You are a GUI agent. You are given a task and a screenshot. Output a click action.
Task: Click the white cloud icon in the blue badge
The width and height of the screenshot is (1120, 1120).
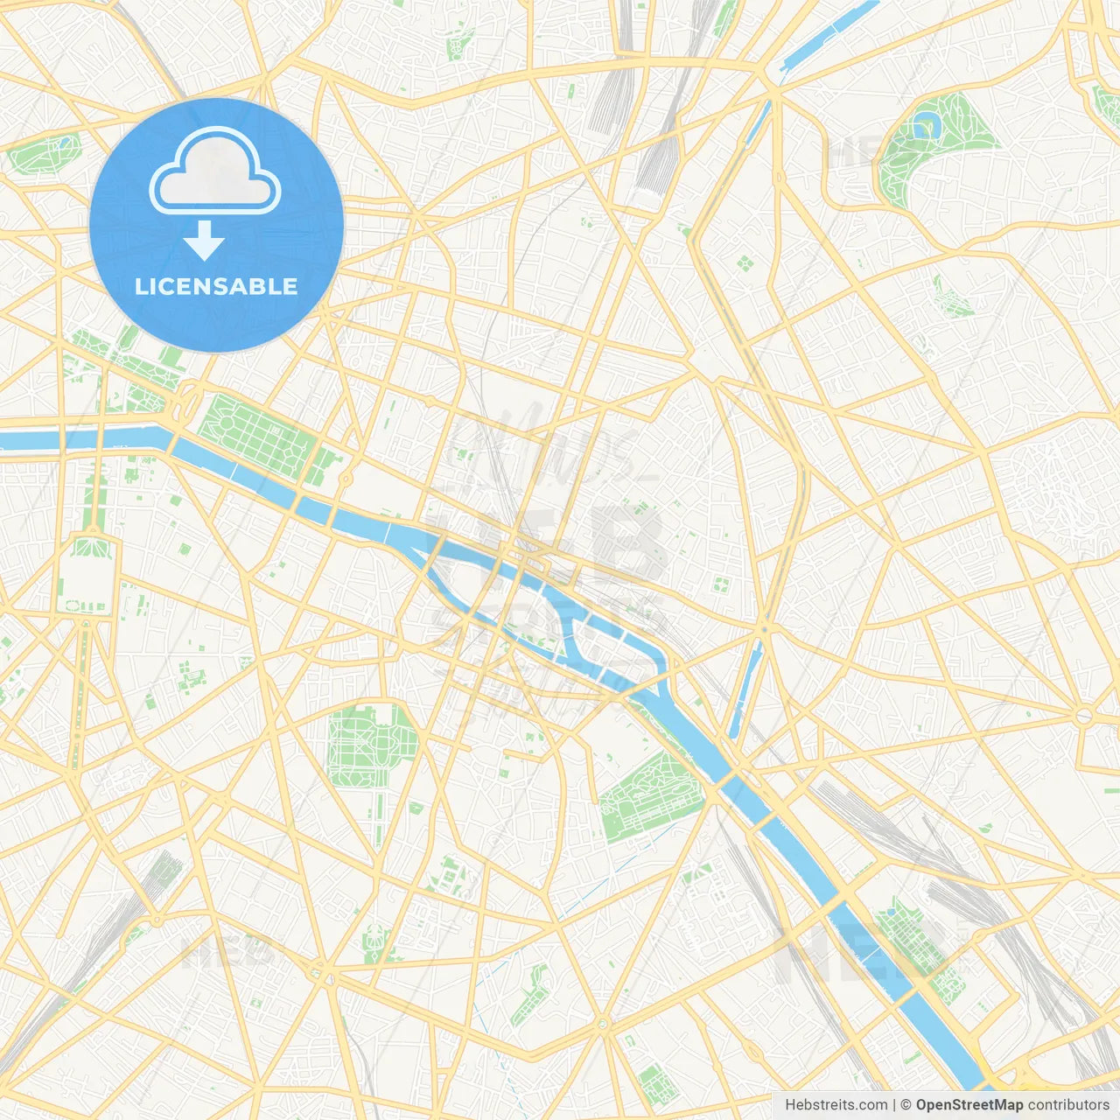[215, 173]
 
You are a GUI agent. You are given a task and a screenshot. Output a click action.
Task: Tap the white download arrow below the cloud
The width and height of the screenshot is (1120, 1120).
[204, 241]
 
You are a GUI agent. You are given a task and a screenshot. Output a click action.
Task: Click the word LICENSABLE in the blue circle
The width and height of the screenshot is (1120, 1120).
[216, 286]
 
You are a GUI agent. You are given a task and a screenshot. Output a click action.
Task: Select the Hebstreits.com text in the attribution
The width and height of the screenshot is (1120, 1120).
[836, 1105]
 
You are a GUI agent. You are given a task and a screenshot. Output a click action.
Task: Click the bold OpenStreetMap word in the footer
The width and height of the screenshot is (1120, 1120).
[969, 1105]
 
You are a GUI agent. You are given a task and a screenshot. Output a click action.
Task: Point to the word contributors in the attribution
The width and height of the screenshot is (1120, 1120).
[1068, 1105]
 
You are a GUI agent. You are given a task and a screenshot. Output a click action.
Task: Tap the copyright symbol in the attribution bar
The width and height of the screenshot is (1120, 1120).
[906, 1105]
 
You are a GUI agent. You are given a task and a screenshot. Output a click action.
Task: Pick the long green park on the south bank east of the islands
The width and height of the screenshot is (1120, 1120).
[647, 796]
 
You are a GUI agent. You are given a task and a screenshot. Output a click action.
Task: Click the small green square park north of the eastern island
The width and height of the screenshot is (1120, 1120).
[722, 584]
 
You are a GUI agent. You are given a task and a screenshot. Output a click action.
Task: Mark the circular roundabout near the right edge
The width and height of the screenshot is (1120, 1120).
[1083, 717]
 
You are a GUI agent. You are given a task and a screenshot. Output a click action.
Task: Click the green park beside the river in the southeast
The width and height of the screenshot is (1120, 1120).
[914, 941]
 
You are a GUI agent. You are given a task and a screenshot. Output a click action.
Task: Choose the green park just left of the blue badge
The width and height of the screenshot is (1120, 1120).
[45, 153]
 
